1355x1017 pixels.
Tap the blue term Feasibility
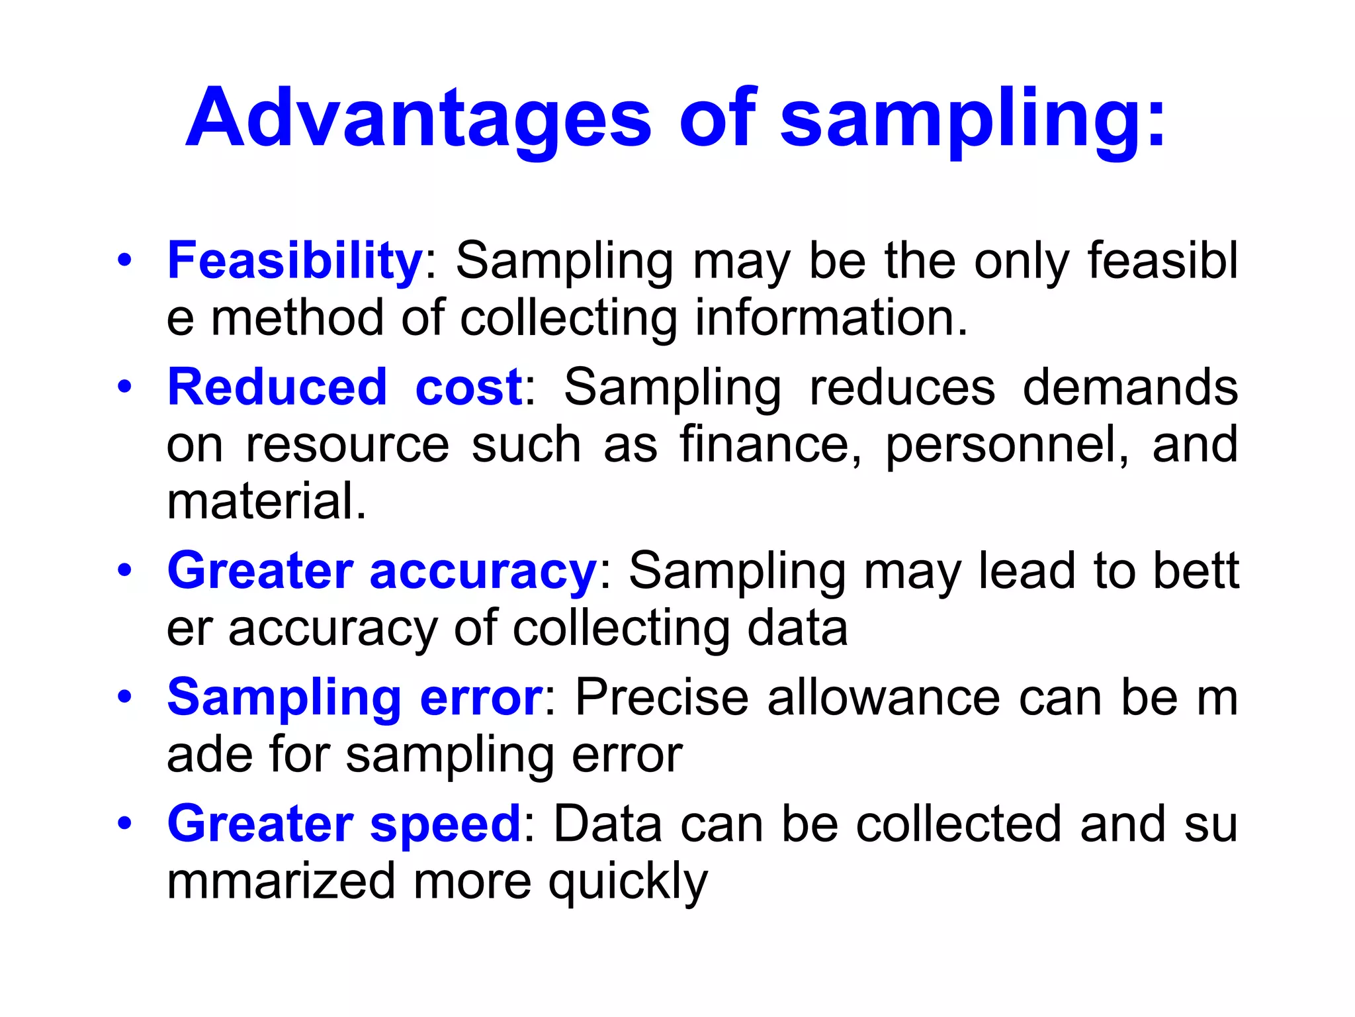pyautogui.click(x=295, y=261)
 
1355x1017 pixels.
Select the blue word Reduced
pyautogui.click(x=277, y=387)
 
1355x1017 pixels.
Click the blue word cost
pyautogui.click(x=468, y=387)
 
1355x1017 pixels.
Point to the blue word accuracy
pyautogui.click(x=483, y=571)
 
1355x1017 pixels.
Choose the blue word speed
pyautogui.click(x=445, y=825)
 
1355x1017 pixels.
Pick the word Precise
pyautogui.click(x=661, y=698)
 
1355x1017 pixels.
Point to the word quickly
pyautogui.click(x=628, y=883)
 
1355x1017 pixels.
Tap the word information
pyautogui.click(x=830, y=318)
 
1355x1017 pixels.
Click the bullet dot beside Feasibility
pyautogui.click(x=124, y=260)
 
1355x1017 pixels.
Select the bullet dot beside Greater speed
pyautogui.click(x=124, y=824)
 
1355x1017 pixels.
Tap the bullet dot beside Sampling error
pyautogui.click(x=124, y=697)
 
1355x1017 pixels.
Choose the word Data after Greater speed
pyautogui.click(x=607, y=825)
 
